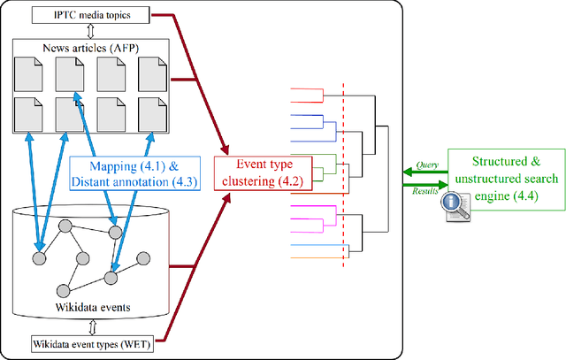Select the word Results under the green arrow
click(426, 190)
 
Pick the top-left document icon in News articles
click(28, 74)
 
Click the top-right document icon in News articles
click(153, 74)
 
